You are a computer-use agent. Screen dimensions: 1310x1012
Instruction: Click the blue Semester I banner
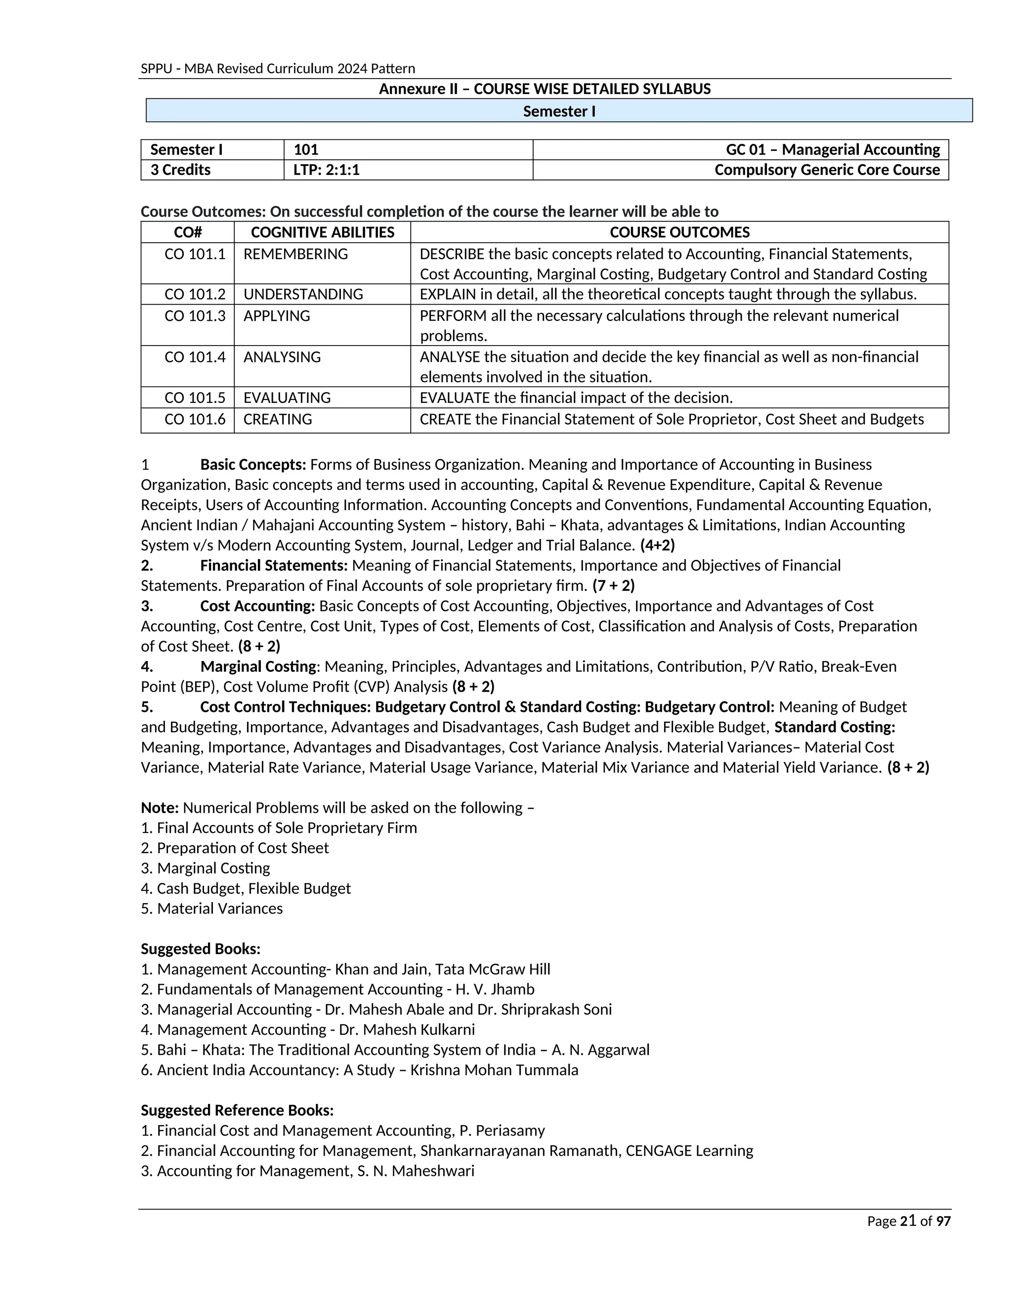[559, 111]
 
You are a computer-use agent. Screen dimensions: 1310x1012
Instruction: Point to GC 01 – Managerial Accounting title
[833, 149]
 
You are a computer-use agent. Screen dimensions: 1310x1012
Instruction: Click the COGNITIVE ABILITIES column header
[323, 232]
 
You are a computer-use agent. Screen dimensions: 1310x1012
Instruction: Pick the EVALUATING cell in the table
[287, 397]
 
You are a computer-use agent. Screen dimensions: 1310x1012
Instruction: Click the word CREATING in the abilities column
[278, 419]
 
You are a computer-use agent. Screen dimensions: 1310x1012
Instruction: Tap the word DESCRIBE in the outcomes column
[452, 254]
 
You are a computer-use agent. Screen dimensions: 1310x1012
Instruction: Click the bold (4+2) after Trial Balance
[657, 545]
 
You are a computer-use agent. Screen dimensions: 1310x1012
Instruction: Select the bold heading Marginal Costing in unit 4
[258, 666]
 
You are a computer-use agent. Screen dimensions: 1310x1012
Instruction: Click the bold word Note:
[160, 808]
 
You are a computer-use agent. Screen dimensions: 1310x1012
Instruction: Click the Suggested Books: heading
[200, 949]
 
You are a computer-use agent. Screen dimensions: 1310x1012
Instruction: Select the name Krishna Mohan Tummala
[494, 1070]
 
